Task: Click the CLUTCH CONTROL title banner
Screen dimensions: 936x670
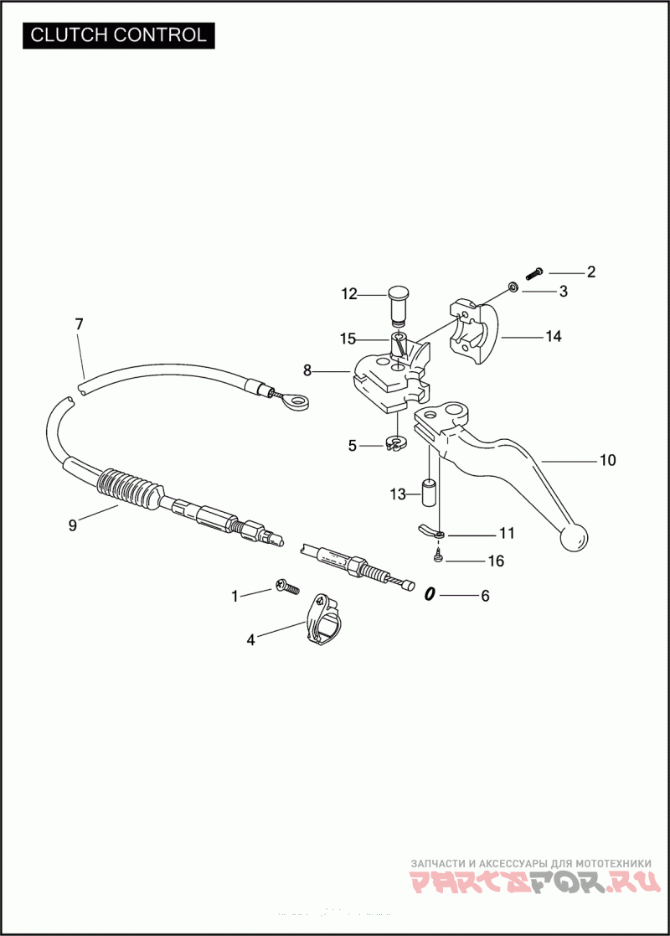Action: point(118,35)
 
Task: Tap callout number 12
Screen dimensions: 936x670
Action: point(349,294)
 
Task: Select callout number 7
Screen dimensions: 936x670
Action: point(80,324)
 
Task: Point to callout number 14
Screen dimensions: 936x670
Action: point(553,337)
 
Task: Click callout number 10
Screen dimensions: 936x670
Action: point(607,460)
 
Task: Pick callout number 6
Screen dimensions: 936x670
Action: point(485,597)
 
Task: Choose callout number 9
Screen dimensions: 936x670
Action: point(73,525)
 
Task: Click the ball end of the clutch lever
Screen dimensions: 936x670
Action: point(574,538)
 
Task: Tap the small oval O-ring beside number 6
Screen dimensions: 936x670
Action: point(430,594)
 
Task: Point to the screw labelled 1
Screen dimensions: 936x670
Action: point(287,587)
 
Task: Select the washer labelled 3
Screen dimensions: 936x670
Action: point(513,289)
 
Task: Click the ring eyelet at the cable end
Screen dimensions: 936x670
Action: point(294,404)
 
